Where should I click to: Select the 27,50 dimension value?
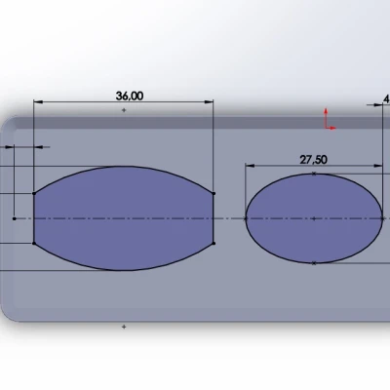[314, 159]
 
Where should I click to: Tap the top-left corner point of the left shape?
[34, 192]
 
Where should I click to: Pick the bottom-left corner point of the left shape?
[34, 243]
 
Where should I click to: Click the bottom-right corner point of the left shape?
[213, 243]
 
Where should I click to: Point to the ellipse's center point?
[313, 218]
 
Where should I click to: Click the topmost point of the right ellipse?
[313, 174]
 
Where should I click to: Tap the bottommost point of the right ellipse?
[313, 263]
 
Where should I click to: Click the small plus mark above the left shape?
[124, 112]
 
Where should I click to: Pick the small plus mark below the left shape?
[124, 327]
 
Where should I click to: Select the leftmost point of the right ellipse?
[244, 218]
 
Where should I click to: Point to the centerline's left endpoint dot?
[14, 218]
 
